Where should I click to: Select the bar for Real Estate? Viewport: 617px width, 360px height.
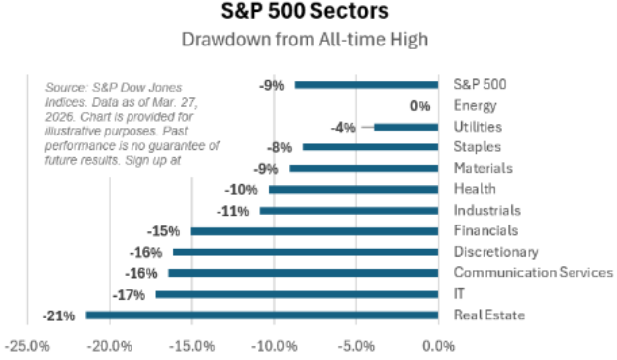[x=262, y=315]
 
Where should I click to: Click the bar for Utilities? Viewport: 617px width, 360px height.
[x=405, y=127]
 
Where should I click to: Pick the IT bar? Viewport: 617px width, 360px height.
[x=297, y=294]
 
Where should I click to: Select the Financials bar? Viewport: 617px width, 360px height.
[x=314, y=231]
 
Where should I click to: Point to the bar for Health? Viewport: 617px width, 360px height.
[x=354, y=189]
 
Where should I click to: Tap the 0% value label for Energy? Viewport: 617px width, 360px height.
[x=420, y=106]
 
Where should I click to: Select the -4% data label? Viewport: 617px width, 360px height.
[x=343, y=127]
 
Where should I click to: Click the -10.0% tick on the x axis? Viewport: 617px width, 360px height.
[x=274, y=345]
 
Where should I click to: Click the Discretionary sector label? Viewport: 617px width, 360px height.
[x=495, y=252]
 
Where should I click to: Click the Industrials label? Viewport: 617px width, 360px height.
[x=485, y=210]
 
